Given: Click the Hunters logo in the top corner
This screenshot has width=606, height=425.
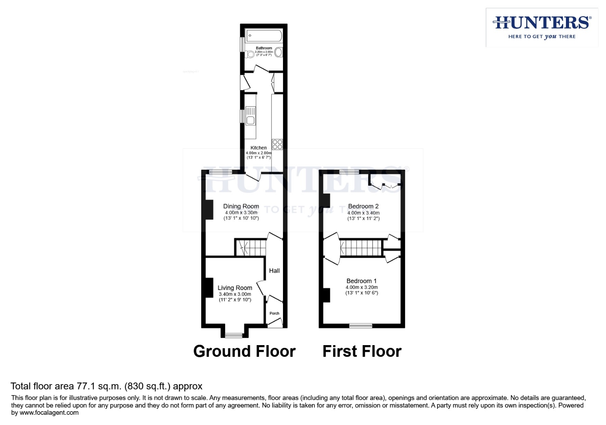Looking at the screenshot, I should pos(542,27).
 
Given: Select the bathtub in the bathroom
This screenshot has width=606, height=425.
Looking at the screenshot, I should pos(264,36).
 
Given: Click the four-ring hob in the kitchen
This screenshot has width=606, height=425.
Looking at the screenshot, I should pos(277,144).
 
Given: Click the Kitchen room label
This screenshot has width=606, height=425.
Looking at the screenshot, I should pos(259,148).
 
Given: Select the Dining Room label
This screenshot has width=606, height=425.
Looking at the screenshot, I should pos(241,206).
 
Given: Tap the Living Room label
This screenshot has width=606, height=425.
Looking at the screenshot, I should pos(235,288).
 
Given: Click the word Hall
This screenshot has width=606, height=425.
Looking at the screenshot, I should pos(274,271).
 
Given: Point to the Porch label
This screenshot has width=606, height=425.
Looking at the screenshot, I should pos(274,314).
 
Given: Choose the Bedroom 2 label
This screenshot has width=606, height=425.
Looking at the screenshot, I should pos(363,206).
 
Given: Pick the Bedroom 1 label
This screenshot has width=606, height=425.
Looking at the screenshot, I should pos(361,281).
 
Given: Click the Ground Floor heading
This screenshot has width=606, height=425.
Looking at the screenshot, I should pos(244,351).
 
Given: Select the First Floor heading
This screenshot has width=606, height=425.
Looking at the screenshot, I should pos(362,351).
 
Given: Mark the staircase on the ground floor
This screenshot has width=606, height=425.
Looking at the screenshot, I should pos(251,248).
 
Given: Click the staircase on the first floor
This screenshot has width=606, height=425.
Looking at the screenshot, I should pos(361,248).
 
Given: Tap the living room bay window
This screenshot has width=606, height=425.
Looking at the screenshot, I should pos(234,336).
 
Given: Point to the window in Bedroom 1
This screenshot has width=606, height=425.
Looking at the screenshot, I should pos(361,325).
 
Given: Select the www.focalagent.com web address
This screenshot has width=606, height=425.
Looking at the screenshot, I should pos(49,413).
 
